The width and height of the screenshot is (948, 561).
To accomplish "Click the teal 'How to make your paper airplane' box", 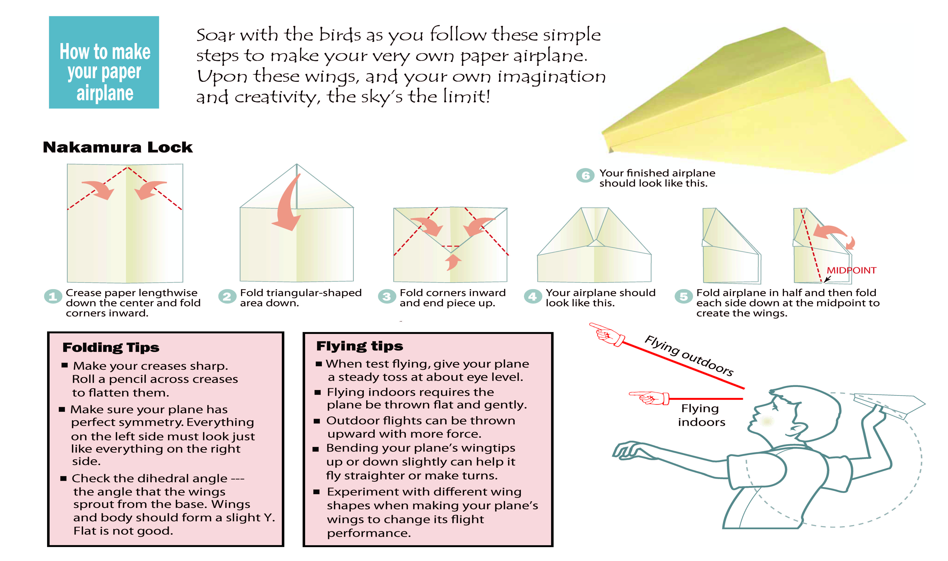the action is (x=104, y=62).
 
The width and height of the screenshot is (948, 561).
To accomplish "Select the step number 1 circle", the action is (x=53, y=296).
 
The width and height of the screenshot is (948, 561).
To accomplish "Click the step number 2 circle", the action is (x=227, y=296).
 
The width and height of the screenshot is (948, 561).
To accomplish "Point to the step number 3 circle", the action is (x=387, y=296).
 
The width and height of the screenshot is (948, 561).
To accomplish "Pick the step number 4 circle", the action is (x=532, y=296).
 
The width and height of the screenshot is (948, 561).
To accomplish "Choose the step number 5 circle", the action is (x=684, y=296).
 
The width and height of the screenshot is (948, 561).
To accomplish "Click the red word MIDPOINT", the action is (x=851, y=270).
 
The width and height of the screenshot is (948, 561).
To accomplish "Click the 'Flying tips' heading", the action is (x=360, y=346).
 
